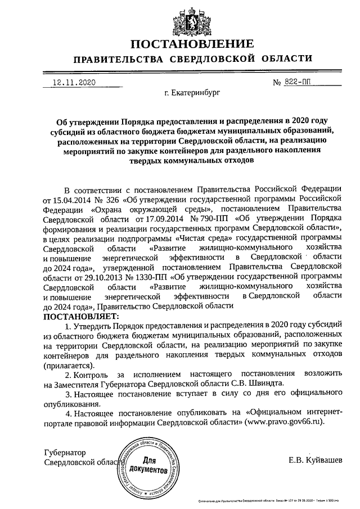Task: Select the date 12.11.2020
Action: click(74, 82)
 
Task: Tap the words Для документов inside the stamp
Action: click(148, 464)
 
